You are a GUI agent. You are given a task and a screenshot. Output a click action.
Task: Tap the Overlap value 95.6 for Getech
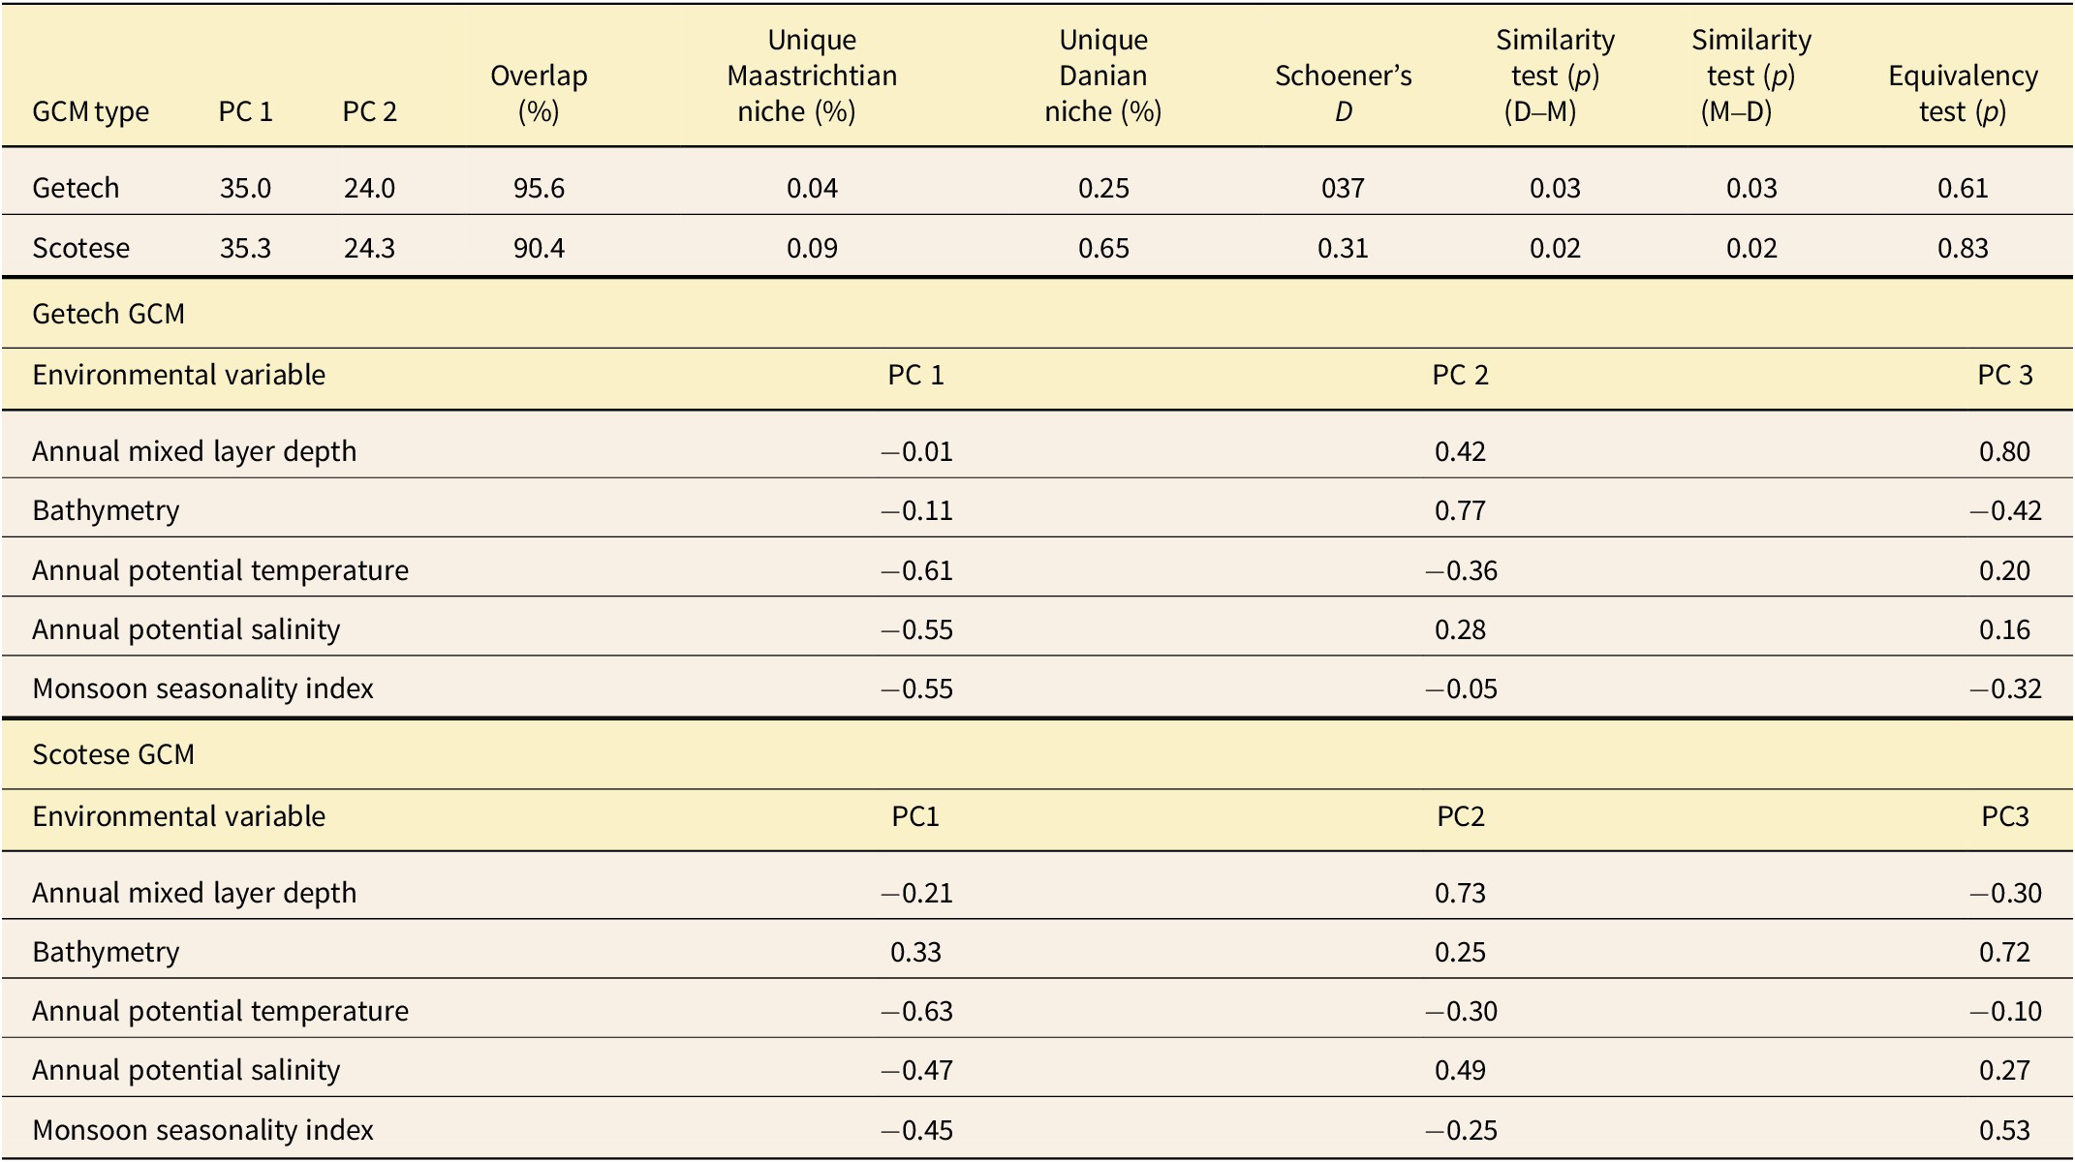point(539,188)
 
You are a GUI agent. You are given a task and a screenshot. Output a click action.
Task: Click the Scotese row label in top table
point(80,248)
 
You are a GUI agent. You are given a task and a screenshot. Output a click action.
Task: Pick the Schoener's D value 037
point(1343,188)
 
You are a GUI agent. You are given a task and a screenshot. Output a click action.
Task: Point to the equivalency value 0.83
point(1963,248)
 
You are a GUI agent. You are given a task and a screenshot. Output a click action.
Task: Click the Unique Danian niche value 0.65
point(1103,248)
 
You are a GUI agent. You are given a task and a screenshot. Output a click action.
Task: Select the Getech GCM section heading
point(108,314)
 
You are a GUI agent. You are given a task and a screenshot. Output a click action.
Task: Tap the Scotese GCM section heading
point(113,754)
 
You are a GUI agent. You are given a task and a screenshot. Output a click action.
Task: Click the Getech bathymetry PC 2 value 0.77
point(1460,510)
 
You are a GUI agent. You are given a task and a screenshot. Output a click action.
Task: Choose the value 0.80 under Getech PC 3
point(2004,451)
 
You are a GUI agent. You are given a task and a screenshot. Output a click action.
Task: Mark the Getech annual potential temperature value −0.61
point(916,570)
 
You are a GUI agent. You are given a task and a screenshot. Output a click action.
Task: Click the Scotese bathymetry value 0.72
point(2004,952)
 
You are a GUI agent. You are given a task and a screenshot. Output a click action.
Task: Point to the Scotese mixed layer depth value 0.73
point(1460,893)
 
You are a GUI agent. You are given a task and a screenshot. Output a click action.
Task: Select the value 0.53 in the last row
point(2004,1130)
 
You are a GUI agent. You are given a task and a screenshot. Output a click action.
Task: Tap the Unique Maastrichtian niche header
point(812,76)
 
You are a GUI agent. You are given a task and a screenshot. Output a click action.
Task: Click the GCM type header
point(90,111)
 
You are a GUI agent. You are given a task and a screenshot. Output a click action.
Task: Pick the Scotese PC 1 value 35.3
point(245,248)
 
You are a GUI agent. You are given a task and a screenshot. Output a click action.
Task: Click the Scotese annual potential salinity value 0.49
point(1460,1070)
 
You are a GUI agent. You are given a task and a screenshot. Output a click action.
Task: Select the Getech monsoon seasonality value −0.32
point(2004,688)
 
